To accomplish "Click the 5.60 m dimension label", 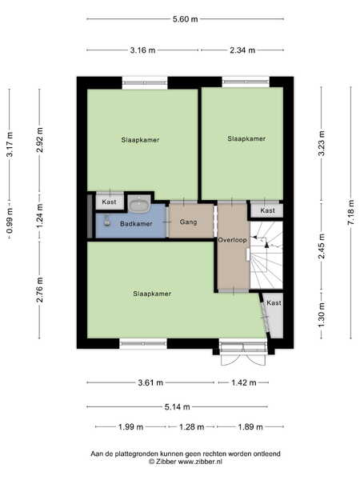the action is [x=186, y=19].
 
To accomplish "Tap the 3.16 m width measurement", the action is [x=142, y=50].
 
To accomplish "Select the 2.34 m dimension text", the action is [x=242, y=50].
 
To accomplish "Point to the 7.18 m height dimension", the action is [x=351, y=212].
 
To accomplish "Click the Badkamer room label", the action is [x=136, y=224].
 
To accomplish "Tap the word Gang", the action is [x=188, y=222].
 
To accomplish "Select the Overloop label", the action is [x=232, y=240].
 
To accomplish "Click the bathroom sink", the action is [x=139, y=204].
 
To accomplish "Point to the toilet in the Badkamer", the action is [x=106, y=221].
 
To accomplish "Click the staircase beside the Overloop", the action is [x=266, y=255].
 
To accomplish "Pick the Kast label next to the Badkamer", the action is [x=109, y=202].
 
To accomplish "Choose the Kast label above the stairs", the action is [x=267, y=210].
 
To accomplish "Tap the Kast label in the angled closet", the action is [x=274, y=302].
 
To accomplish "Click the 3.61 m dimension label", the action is [x=150, y=382].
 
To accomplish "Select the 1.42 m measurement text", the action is [x=244, y=382].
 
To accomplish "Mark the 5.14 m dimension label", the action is [x=178, y=407].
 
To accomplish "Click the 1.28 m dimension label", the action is [x=192, y=426].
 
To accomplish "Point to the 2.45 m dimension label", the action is [x=322, y=246].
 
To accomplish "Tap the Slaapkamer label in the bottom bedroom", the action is [x=152, y=294].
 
